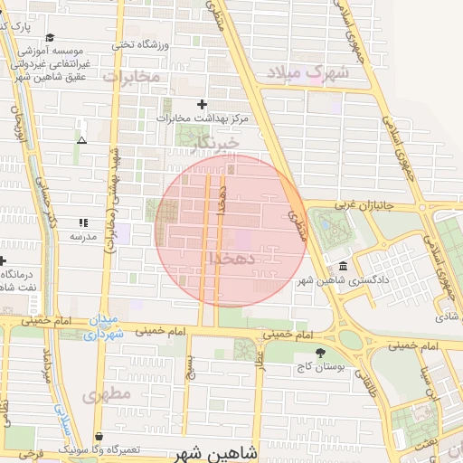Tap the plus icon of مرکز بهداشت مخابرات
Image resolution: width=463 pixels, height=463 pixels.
pos(202,105)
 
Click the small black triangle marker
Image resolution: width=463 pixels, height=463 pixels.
pos(82,140)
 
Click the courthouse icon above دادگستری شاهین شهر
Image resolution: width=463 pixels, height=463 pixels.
pos(343,267)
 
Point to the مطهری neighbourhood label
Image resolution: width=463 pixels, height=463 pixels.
pos(106,395)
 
